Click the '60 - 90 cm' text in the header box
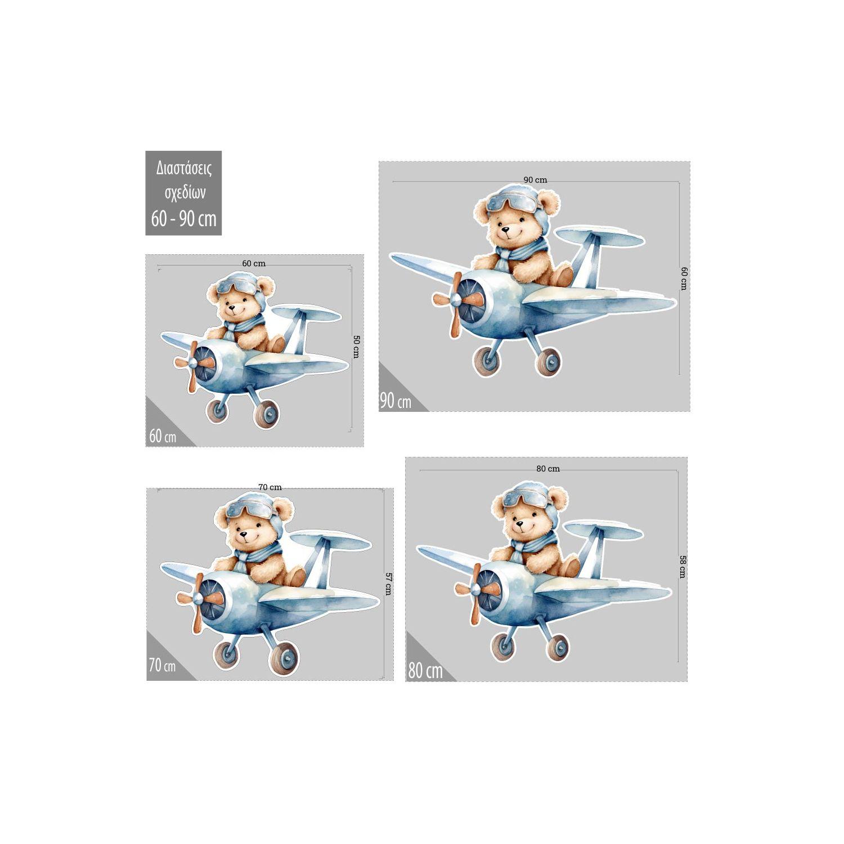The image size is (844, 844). pyautogui.click(x=183, y=218)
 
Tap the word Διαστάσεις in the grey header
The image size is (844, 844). pyautogui.click(x=183, y=168)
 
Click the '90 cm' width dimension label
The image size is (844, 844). pyautogui.click(x=535, y=180)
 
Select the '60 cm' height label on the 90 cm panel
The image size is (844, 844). pyautogui.click(x=684, y=278)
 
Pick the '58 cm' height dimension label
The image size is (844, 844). pyautogui.click(x=683, y=567)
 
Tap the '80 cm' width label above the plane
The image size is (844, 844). pyautogui.click(x=548, y=469)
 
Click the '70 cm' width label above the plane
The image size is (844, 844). pyautogui.click(x=270, y=487)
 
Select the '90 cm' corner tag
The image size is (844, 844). pyautogui.click(x=396, y=402)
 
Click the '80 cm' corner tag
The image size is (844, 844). pyautogui.click(x=425, y=671)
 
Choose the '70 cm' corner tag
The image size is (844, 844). pyautogui.click(x=162, y=666)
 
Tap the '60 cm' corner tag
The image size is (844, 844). pyautogui.click(x=163, y=436)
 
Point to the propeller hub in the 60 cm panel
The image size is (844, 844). pyautogui.click(x=192, y=363)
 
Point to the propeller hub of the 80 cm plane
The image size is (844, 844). pyautogui.click(x=476, y=589)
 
